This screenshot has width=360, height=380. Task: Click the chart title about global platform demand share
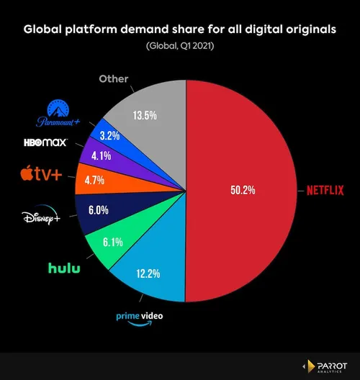pos(180,30)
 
